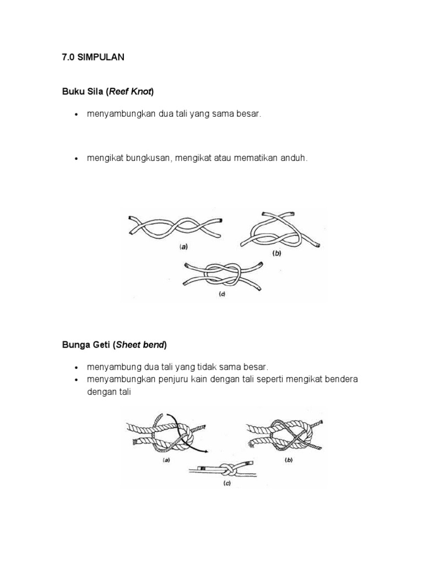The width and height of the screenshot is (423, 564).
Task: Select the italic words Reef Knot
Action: pyautogui.click(x=131, y=92)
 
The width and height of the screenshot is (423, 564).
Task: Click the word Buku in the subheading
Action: pyautogui.click(x=72, y=92)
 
